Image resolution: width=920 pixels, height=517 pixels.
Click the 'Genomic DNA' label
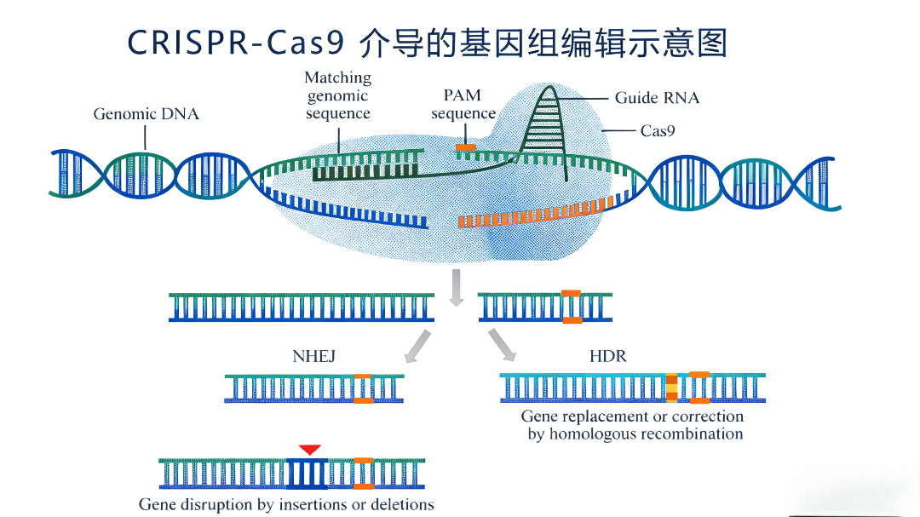pyautogui.click(x=146, y=113)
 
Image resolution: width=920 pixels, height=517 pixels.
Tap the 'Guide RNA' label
pyautogui.click(x=657, y=98)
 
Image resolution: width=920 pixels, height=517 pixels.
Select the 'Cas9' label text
pyautogui.click(x=658, y=131)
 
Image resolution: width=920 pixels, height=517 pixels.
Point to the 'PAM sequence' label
pyautogui.click(x=463, y=104)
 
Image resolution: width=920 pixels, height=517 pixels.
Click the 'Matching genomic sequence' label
pyautogui.click(x=338, y=95)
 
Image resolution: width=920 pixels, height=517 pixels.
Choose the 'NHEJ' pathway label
pyautogui.click(x=313, y=357)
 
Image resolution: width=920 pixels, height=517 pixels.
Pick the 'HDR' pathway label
pyautogui.click(x=607, y=356)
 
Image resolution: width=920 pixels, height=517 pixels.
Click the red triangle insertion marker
pyautogui.click(x=309, y=449)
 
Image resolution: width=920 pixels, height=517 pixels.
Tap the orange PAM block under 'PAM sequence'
pyautogui.click(x=465, y=149)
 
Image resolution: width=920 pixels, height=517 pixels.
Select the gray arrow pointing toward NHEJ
pyautogui.click(x=417, y=347)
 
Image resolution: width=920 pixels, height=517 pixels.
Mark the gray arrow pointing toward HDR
pyautogui.click(x=502, y=344)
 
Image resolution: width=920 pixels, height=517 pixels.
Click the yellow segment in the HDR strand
pyautogui.click(x=672, y=388)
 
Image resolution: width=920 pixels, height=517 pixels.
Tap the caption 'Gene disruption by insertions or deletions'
pyautogui.click(x=286, y=504)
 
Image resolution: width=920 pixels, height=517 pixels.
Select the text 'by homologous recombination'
pyautogui.click(x=635, y=434)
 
